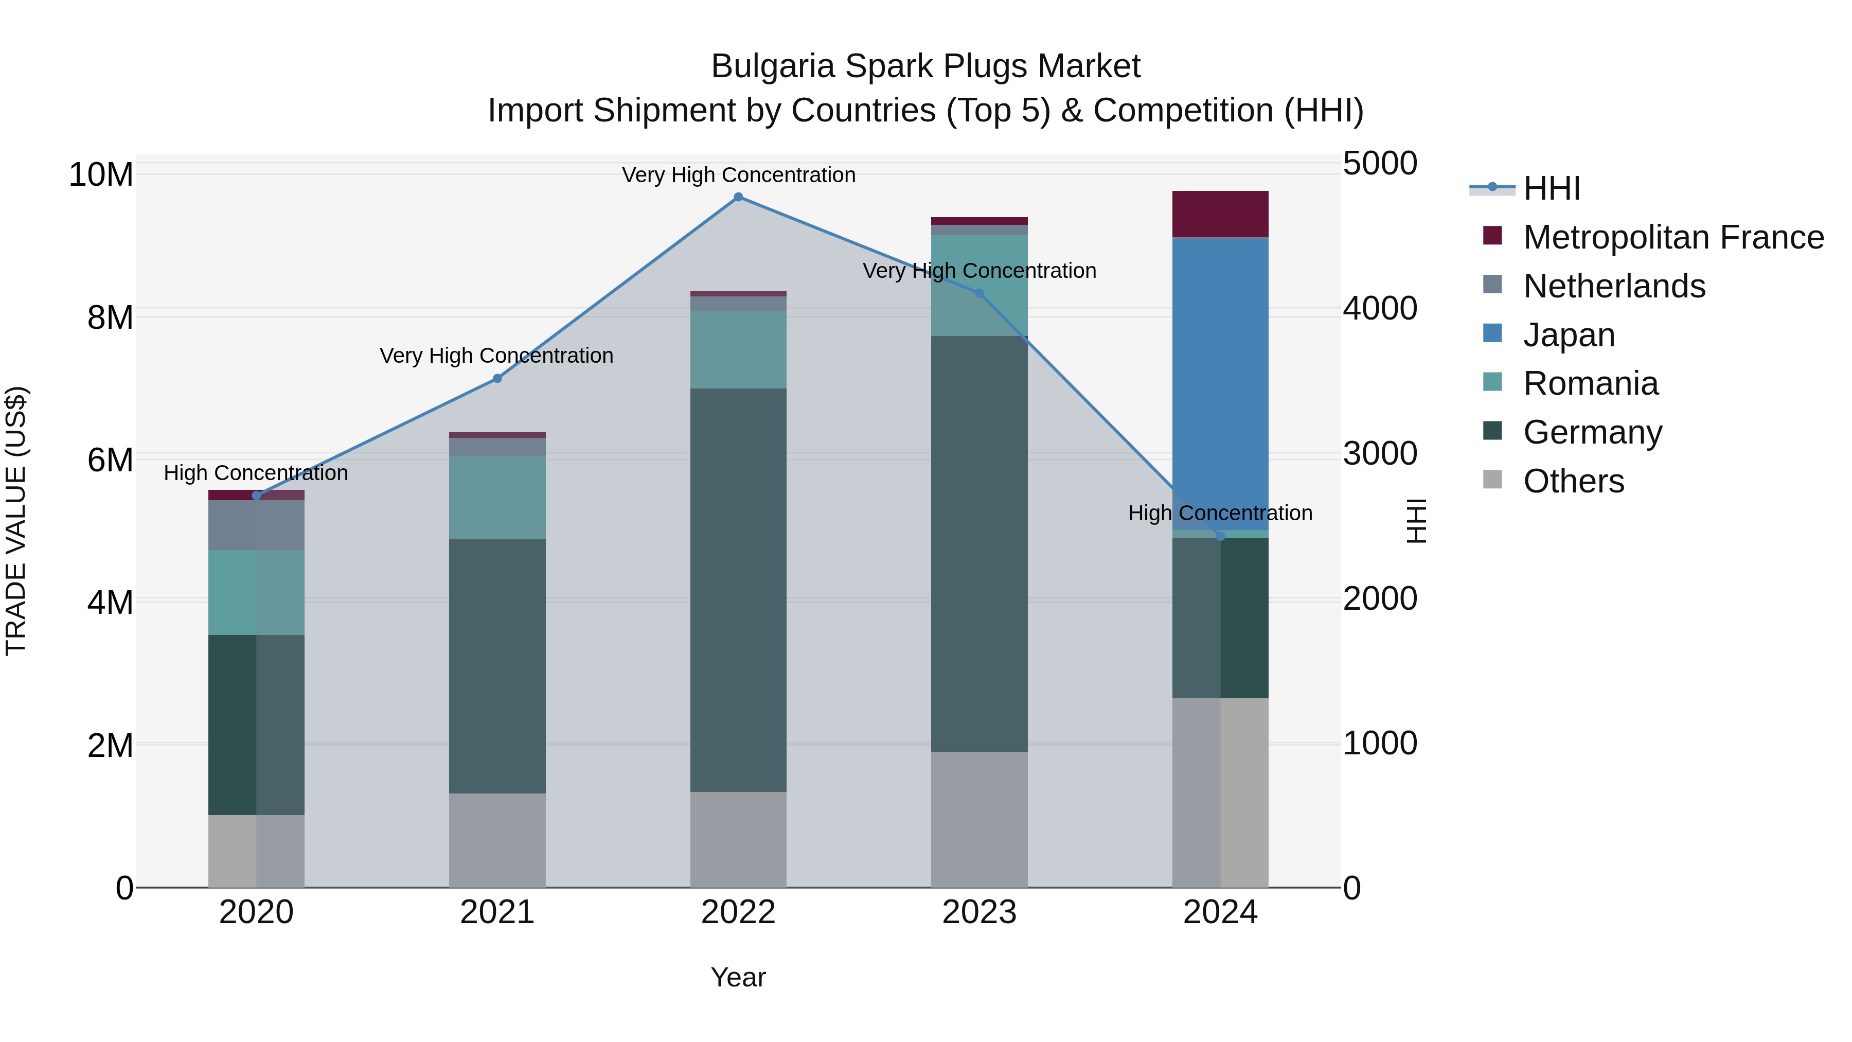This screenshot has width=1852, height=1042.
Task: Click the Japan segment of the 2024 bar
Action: tap(1220, 383)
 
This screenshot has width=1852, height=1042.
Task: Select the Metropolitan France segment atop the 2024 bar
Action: tap(1220, 214)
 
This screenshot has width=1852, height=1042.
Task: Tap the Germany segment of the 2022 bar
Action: tap(738, 590)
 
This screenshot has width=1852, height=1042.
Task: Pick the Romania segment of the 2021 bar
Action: tap(497, 498)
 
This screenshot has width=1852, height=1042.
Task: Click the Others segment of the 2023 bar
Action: tap(978, 819)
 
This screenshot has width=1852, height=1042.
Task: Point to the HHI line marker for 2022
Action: tap(738, 197)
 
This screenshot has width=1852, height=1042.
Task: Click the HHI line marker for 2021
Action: tap(497, 378)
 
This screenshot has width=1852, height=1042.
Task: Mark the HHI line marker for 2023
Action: tap(978, 293)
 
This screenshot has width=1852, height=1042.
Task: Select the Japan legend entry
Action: tap(1568, 335)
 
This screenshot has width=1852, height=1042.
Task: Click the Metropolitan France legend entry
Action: tap(1672, 237)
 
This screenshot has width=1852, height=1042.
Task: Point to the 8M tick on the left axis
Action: tap(110, 317)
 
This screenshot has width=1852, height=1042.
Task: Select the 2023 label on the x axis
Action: tap(978, 912)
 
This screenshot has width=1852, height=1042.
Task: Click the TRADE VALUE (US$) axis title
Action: tap(16, 521)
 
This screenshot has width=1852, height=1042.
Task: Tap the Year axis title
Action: tap(738, 977)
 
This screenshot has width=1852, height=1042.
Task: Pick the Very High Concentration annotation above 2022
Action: tap(738, 175)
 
